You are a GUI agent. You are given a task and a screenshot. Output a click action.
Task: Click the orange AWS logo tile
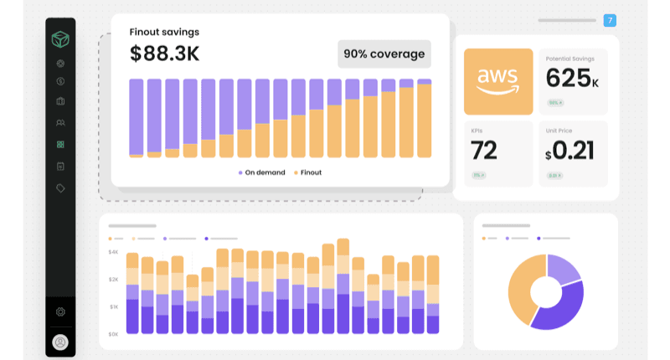pos(498,81)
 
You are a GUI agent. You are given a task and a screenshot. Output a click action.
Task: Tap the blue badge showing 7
pos(610,20)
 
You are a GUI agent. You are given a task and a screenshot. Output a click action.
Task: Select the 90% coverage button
pos(384,54)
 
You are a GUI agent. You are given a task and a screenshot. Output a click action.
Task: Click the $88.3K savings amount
pos(164,54)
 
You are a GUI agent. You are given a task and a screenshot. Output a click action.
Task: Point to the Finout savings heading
pos(164,32)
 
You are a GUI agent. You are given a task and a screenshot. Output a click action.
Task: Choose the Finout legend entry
pos(307,172)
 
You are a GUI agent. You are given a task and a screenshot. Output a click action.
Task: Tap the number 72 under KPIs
pos(484,151)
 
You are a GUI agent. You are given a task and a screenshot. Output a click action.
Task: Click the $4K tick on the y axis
pos(113,252)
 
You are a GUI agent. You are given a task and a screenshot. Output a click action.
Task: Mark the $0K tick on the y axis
pos(113,334)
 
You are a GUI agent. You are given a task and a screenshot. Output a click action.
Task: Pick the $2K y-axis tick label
pos(113,280)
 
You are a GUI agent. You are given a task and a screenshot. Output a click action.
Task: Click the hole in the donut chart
pos(545,291)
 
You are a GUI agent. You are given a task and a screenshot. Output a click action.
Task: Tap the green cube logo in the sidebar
pos(60,39)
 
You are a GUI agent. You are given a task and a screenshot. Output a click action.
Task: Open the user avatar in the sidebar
pos(60,342)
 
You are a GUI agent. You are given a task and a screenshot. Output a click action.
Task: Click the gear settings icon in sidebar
pos(60,311)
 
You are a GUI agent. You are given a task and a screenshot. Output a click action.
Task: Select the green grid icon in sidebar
pos(60,144)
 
